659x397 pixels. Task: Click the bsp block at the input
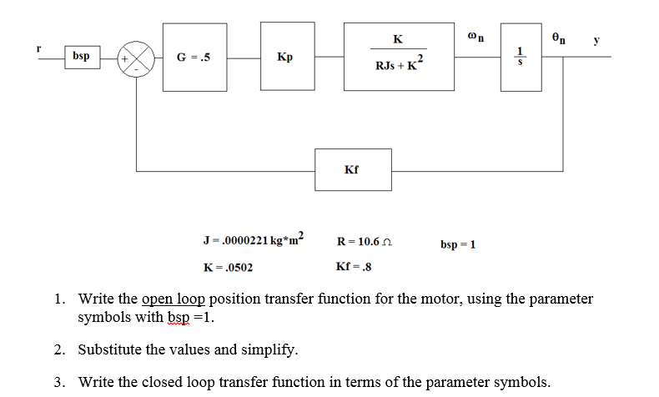point(81,58)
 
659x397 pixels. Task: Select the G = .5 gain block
point(193,58)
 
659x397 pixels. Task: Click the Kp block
point(284,58)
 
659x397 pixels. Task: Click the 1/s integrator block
point(522,58)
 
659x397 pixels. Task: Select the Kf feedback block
point(351,170)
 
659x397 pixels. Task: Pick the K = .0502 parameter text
point(228,268)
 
